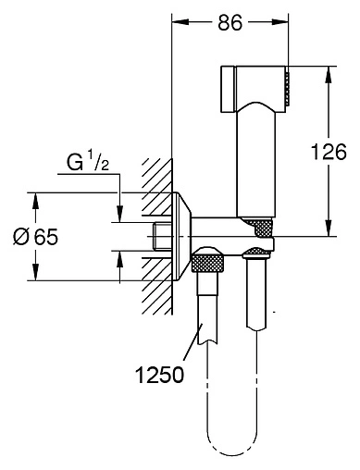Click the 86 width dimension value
230,22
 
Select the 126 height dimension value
329,152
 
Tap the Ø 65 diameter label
35,237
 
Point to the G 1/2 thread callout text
88,163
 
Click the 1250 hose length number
159,375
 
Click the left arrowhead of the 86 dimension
180,21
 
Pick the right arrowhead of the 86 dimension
280,21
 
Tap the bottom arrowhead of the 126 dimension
329,229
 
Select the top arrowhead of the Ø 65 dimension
36,202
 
